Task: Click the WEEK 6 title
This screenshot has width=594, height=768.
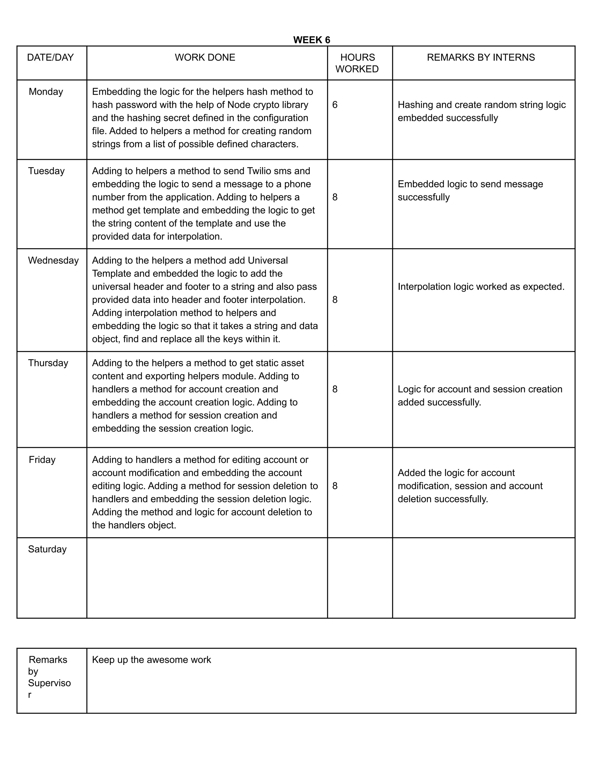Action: (312, 40)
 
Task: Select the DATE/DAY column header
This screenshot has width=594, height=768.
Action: (50, 57)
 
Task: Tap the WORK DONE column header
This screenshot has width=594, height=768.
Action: (205, 57)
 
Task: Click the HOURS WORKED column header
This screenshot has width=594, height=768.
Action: (357, 63)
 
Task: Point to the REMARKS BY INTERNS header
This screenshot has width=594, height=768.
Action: (481, 57)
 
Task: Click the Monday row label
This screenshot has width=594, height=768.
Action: (46, 92)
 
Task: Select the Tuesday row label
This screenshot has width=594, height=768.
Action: (46, 171)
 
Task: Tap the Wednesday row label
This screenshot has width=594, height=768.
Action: (53, 261)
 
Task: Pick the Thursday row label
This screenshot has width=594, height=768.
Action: (48, 363)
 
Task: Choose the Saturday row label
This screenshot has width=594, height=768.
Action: (47, 549)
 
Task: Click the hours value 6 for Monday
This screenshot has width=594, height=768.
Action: (335, 105)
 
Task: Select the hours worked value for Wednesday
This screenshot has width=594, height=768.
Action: (335, 300)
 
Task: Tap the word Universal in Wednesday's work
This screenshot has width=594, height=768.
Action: (267, 261)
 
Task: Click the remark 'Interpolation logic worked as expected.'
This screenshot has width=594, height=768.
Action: (481, 287)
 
